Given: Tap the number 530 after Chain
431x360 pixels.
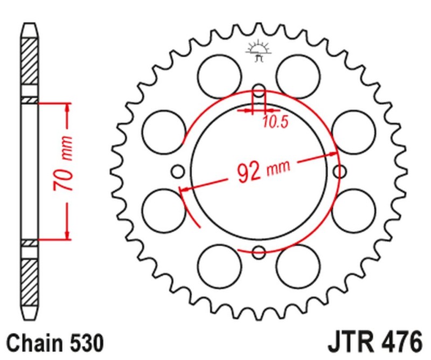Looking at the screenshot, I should pos(85,343).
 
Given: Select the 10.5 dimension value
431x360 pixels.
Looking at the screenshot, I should pos(275,122).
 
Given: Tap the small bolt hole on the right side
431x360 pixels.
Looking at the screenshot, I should pos(340,171).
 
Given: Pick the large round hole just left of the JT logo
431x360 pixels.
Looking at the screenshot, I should pos(219,75).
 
